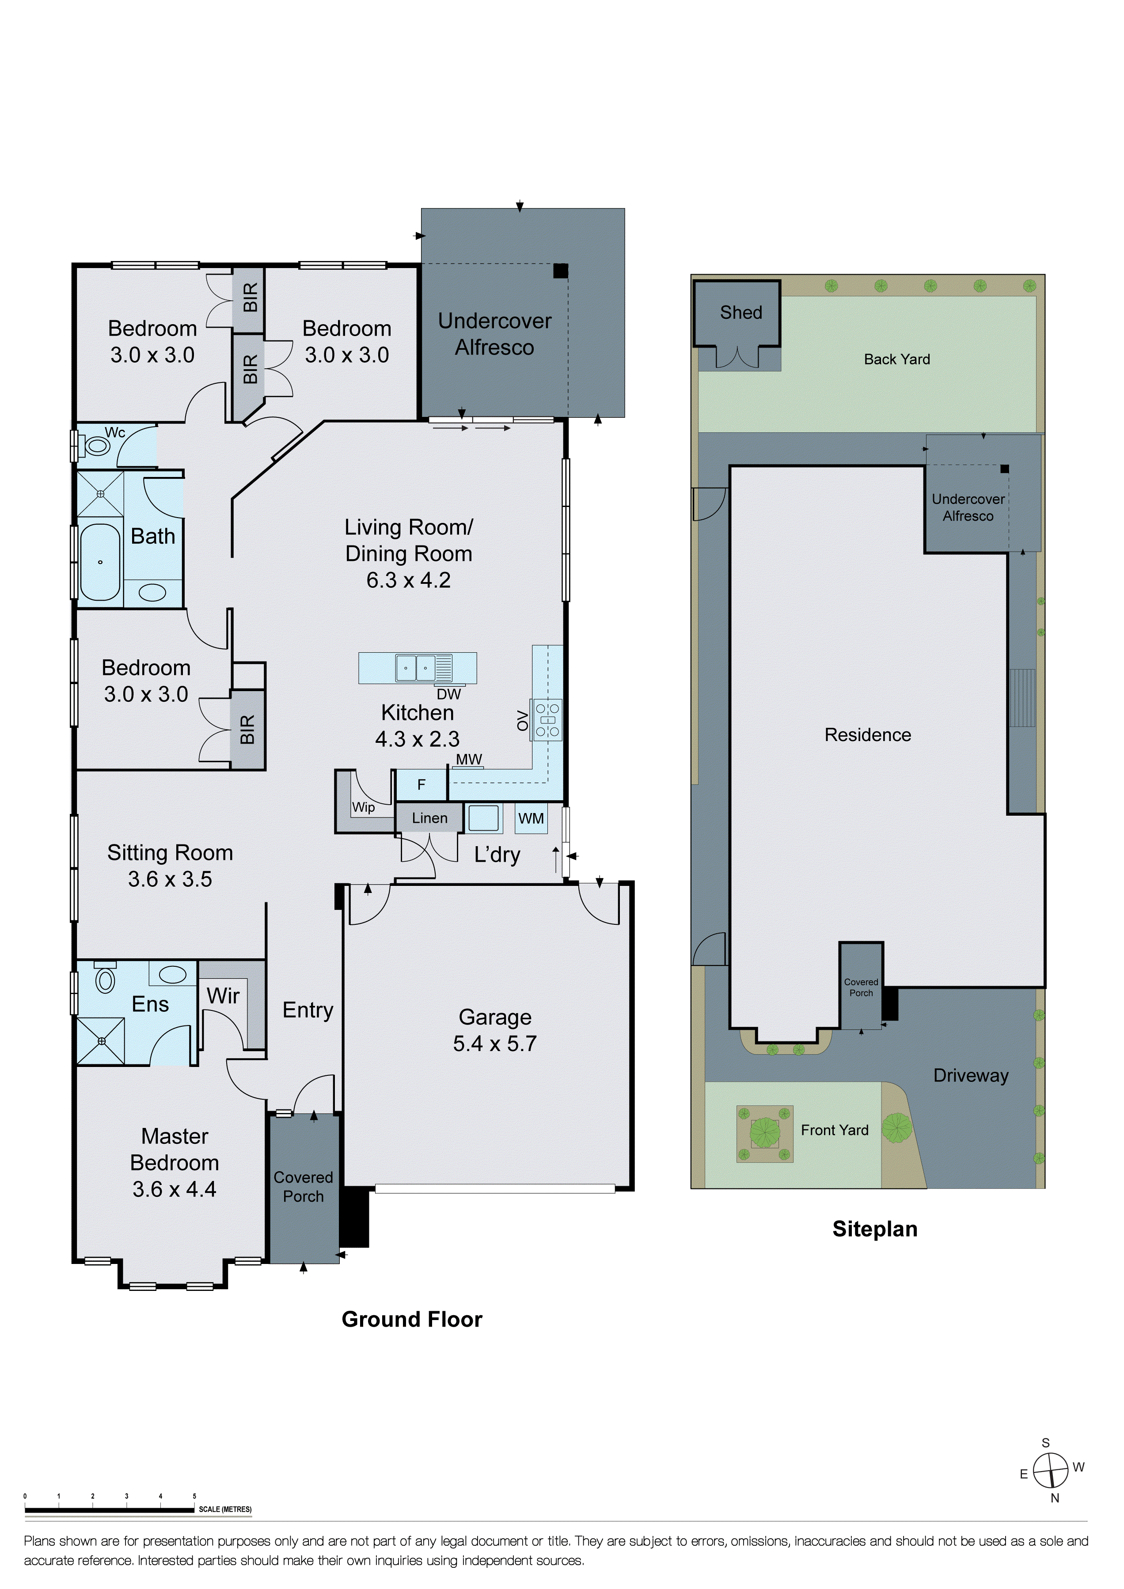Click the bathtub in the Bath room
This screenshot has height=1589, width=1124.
[x=100, y=561]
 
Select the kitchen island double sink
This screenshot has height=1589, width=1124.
[x=415, y=668]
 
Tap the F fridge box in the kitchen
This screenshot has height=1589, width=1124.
[x=421, y=785]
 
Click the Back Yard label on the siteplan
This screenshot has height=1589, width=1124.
[x=897, y=359]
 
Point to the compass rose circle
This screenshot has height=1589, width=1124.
[x=1051, y=1470]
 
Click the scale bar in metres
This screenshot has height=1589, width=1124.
[x=110, y=1510]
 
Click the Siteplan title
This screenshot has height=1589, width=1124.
[x=875, y=1229]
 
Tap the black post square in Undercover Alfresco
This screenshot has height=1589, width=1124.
[x=560, y=271]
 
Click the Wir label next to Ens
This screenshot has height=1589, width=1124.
[x=223, y=996]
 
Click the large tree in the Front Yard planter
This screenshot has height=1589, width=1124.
[x=764, y=1132]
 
